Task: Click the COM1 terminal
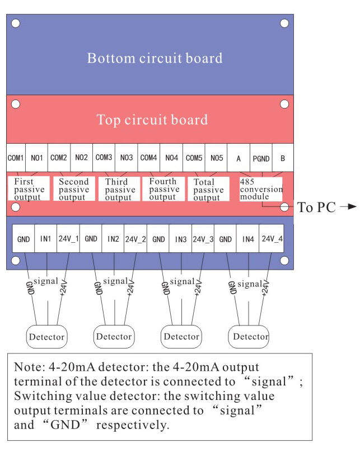coord(16,158)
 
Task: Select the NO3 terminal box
coord(127,158)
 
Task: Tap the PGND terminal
coord(260,158)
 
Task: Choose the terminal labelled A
coord(239,158)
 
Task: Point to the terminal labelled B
coord(283,158)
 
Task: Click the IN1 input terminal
coord(46,239)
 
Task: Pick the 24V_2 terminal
coord(135,239)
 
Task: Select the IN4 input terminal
coord(249,239)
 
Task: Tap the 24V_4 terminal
coord(272,239)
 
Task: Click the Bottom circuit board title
coord(155,58)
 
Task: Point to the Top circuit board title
coord(152,120)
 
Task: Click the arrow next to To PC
coord(348,207)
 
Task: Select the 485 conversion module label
coord(261,189)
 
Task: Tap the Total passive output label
coord(208,190)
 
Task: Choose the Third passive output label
coord(118,190)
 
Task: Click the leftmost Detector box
coord(46,337)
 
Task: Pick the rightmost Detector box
coord(250,336)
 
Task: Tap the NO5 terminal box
coord(217,158)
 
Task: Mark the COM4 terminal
coord(149,158)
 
